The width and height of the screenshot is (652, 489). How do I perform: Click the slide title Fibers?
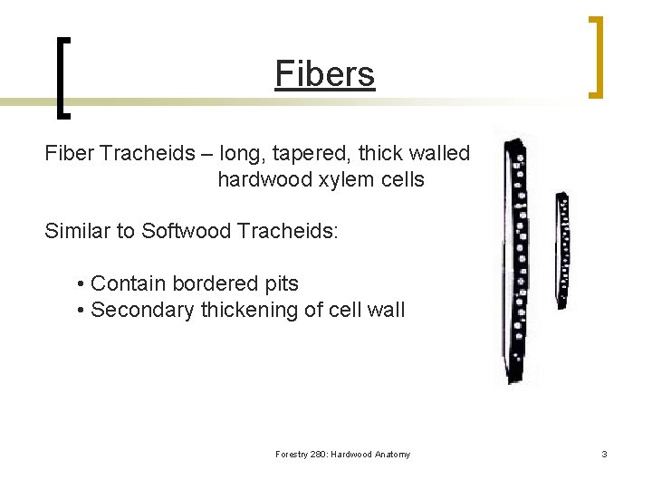point(325,74)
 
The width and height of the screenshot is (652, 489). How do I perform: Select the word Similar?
point(78,231)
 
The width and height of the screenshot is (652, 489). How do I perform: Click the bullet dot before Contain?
point(81,284)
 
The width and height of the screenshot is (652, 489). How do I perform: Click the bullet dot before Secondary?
point(81,311)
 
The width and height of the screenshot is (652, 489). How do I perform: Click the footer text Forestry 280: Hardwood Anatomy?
point(342,455)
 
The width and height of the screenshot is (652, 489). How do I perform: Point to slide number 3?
point(604,454)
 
